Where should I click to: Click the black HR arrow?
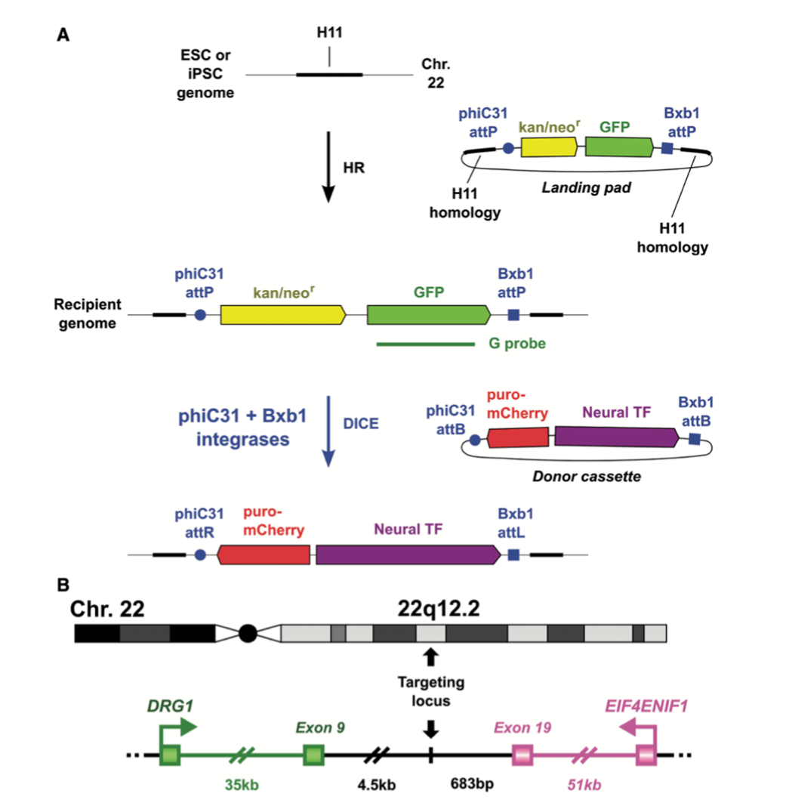coord(328,167)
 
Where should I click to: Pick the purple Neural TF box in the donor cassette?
coord(616,437)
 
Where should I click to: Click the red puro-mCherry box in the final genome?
coord(264,554)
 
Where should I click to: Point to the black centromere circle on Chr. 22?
coord(247,632)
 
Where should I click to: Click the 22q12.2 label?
coord(441,607)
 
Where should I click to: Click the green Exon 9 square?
coord(313,754)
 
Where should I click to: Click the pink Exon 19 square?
coord(522,754)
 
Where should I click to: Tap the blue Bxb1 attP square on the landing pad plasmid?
coord(667,147)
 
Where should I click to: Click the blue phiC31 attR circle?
coord(200,554)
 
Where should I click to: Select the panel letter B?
coord(64,585)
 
